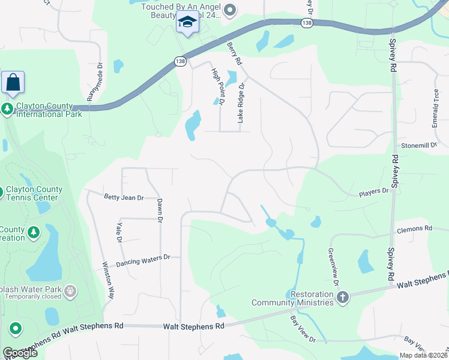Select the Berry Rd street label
click(x=235, y=53)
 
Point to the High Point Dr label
click(x=217, y=87)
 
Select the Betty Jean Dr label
click(x=124, y=197)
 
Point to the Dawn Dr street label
click(x=160, y=211)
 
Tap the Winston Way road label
click(x=108, y=281)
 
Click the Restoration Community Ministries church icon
click(x=343, y=298)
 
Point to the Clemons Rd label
click(x=414, y=229)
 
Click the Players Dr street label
click(x=373, y=191)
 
